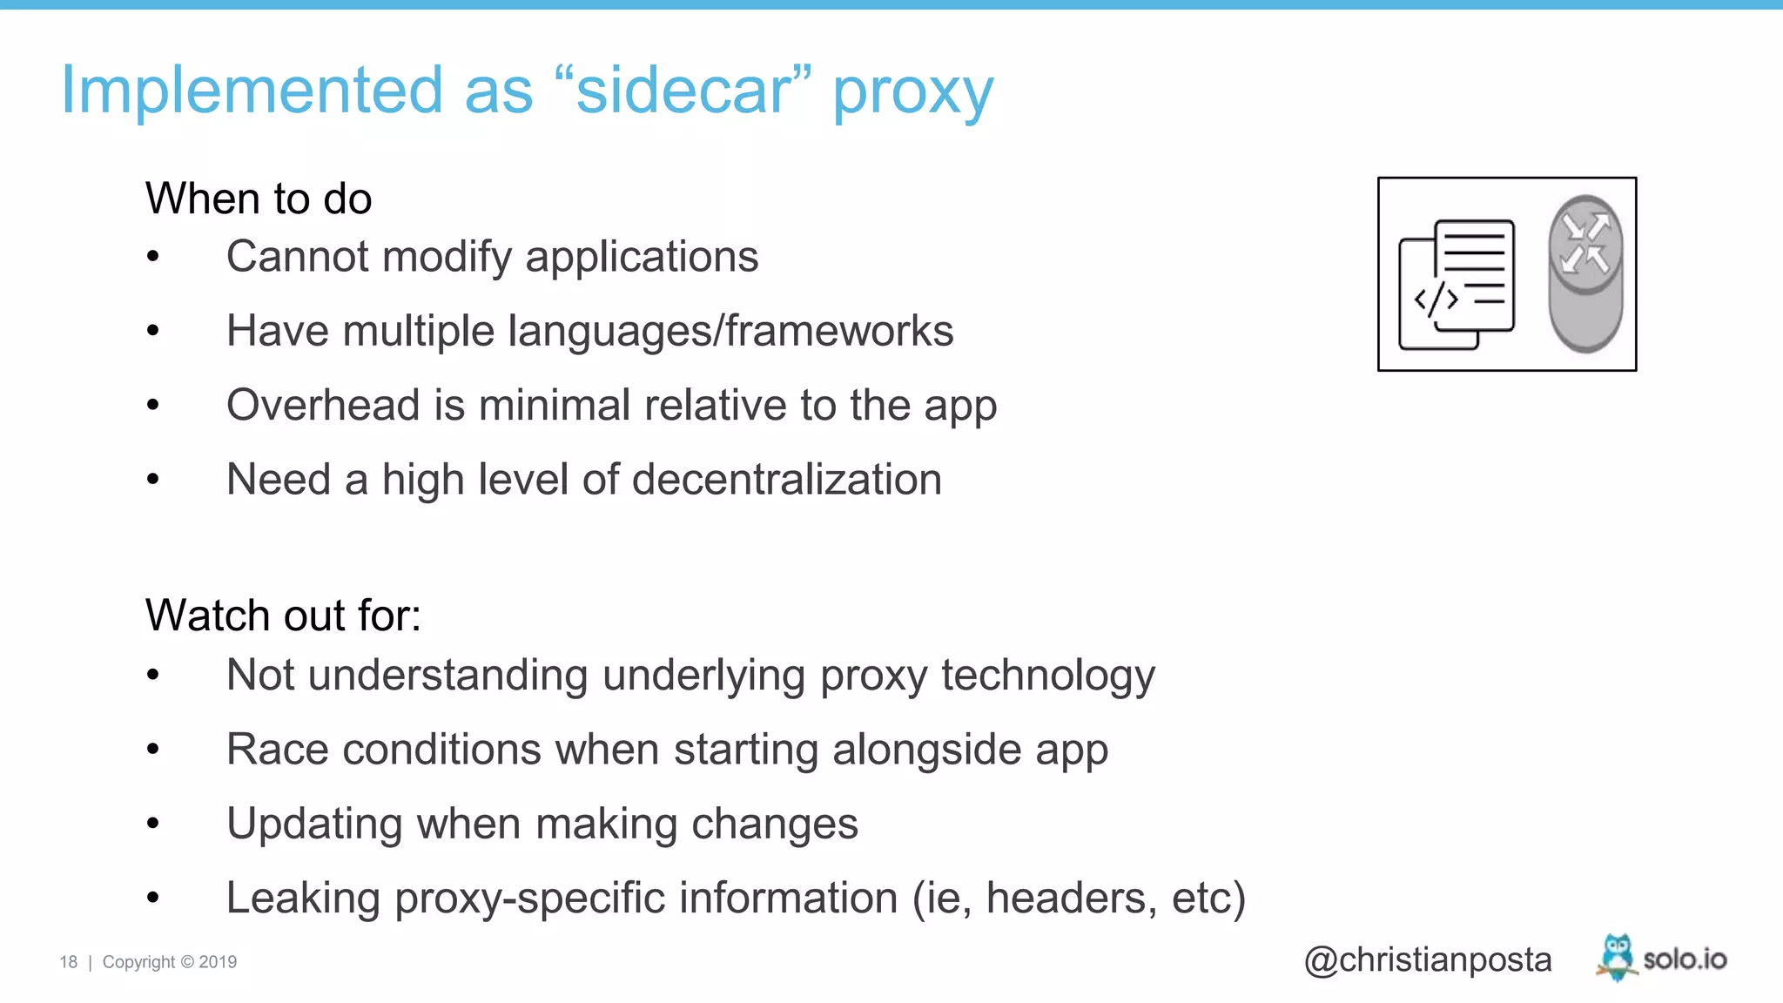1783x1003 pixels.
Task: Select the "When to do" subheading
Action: point(259,199)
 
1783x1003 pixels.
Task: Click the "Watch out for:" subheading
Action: point(283,616)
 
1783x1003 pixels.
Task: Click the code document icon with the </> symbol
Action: point(1457,284)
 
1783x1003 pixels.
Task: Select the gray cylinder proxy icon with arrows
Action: point(1585,273)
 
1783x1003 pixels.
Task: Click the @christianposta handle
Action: point(1428,959)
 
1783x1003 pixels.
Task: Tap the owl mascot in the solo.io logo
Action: point(1617,957)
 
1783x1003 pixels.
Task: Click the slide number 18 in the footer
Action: point(69,962)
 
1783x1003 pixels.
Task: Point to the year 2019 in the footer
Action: point(218,962)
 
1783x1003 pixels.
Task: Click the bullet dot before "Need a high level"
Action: point(153,480)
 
